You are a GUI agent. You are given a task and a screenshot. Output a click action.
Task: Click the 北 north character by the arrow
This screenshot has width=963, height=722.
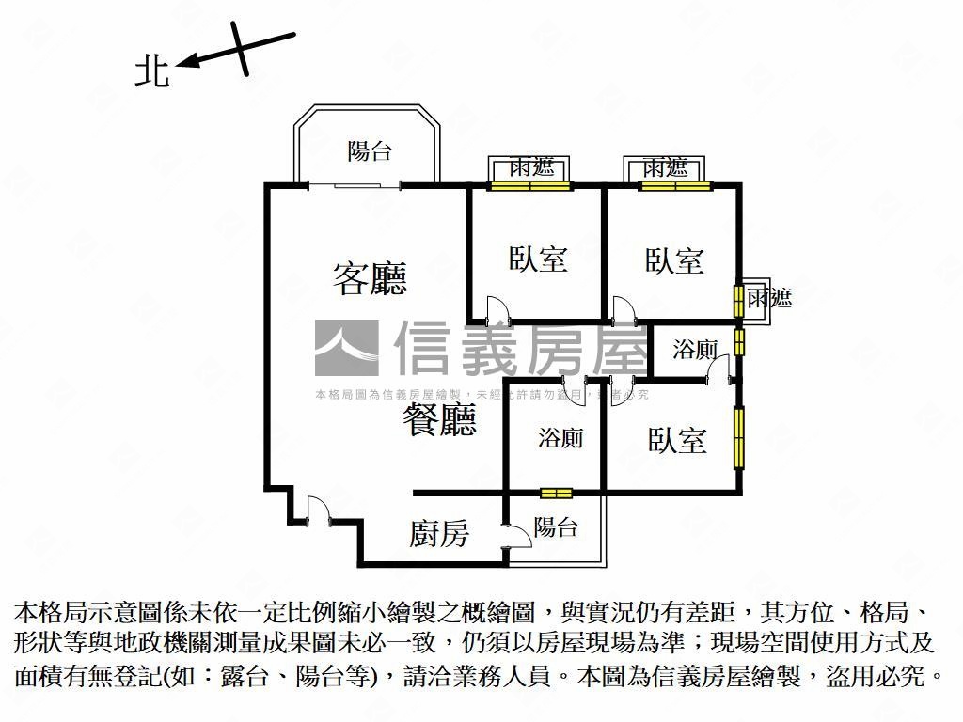click(151, 71)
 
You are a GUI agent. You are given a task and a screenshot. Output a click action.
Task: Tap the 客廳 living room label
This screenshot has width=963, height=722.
click(370, 278)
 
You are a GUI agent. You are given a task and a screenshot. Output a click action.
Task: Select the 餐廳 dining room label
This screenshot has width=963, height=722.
click(439, 420)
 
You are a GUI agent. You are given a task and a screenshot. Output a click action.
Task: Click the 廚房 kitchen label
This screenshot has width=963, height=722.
click(439, 534)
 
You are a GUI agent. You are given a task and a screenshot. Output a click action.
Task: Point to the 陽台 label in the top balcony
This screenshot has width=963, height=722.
click(369, 150)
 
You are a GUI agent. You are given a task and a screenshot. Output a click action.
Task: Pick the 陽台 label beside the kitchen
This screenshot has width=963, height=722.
click(556, 527)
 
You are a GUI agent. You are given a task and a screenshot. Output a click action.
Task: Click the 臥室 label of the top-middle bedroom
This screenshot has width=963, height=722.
click(538, 259)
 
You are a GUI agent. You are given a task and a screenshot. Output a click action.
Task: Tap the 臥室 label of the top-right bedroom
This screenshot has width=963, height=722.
click(674, 260)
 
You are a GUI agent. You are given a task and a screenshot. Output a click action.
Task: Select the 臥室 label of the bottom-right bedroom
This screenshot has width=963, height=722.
click(677, 440)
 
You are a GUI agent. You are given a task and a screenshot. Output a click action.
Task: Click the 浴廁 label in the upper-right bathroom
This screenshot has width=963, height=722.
click(695, 351)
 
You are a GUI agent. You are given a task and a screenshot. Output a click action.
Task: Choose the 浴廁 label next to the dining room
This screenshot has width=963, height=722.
click(560, 438)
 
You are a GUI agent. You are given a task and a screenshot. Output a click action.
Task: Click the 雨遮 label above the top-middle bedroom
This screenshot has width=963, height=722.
click(531, 167)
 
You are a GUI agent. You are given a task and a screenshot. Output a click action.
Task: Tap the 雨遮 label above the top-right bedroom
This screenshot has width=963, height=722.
click(667, 167)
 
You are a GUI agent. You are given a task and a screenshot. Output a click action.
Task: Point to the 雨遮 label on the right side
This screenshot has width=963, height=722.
click(770, 299)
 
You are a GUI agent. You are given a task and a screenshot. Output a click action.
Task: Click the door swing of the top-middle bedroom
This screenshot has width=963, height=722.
click(496, 308)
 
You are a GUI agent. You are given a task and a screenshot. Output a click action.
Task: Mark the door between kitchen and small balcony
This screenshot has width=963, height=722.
click(515, 538)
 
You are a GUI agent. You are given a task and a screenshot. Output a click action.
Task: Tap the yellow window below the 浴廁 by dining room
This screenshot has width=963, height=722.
click(557, 493)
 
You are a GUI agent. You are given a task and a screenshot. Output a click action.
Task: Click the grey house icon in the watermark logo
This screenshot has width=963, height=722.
click(346, 348)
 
